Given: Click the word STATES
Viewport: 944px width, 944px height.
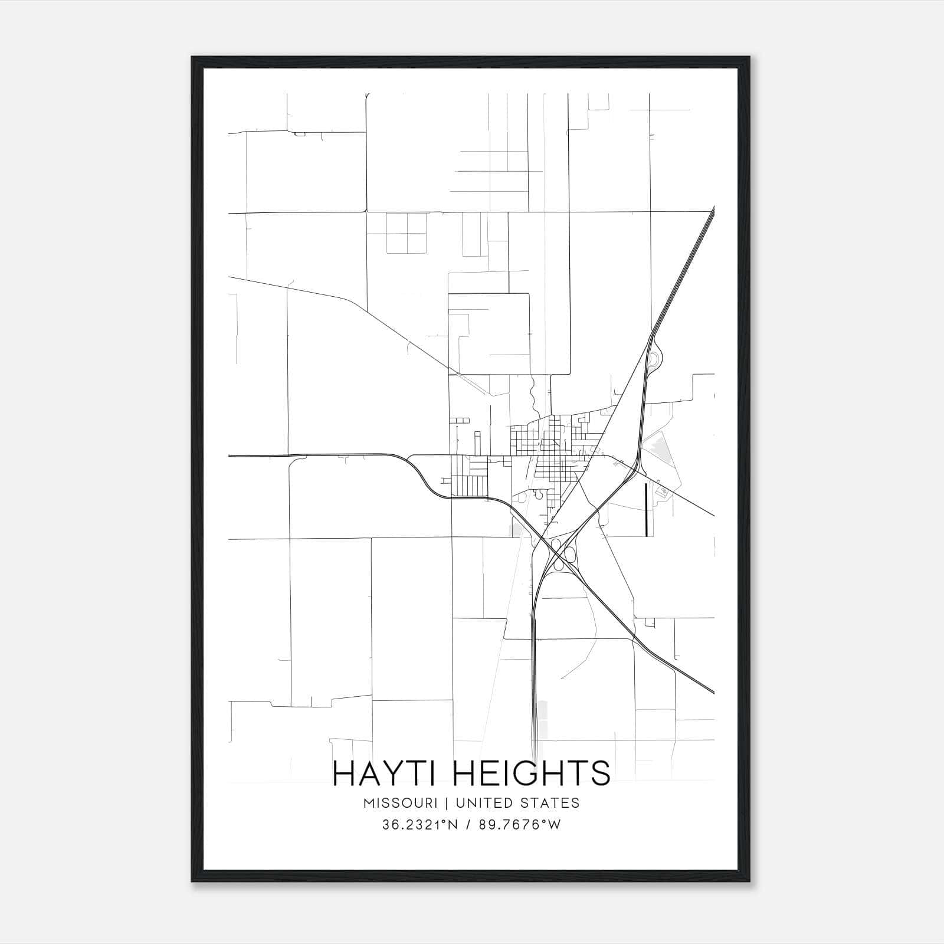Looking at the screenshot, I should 549,802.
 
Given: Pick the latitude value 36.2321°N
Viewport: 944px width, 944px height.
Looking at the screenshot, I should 421,825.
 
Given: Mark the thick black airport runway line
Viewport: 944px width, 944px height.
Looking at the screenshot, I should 647,510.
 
